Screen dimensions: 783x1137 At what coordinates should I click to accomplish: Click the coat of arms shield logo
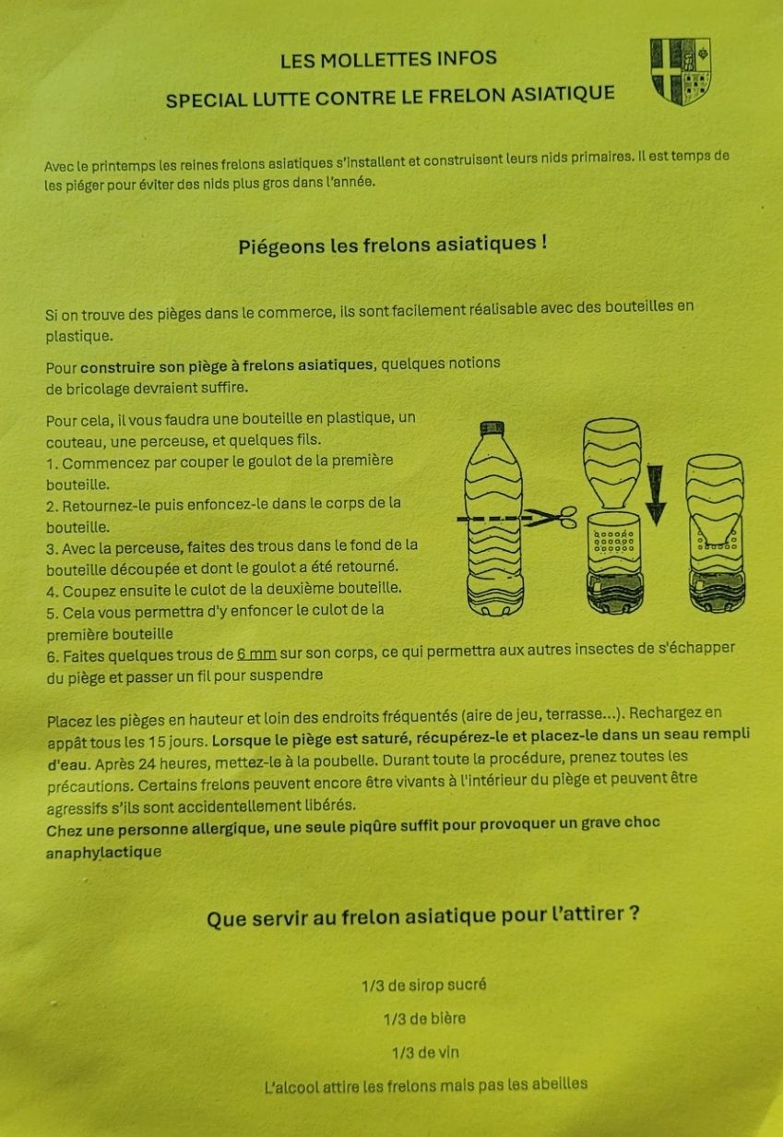tap(680, 71)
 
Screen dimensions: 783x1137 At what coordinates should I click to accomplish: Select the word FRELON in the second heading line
tap(467, 95)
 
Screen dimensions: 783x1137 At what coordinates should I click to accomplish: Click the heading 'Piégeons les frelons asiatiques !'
tap(393, 245)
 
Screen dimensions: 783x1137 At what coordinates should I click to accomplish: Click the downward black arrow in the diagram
tap(656, 495)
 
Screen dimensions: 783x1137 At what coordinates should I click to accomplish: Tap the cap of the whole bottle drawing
tap(492, 427)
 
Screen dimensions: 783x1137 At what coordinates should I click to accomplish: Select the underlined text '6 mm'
tap(256, 653)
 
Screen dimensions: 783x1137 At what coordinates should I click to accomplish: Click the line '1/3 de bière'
tap(424, 1018)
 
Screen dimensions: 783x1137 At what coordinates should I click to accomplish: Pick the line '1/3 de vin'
tap(425, 1052)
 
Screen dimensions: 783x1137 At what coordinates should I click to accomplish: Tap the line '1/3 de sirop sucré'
tap(424, 985)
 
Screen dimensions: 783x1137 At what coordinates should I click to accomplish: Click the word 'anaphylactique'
tap(104, 852)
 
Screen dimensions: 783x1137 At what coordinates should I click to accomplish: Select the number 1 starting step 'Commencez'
tap(50, 464)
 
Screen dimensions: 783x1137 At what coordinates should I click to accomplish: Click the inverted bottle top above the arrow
tap(612, 462)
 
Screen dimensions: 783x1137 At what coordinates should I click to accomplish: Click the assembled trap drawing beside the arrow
tap(716, 533)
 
